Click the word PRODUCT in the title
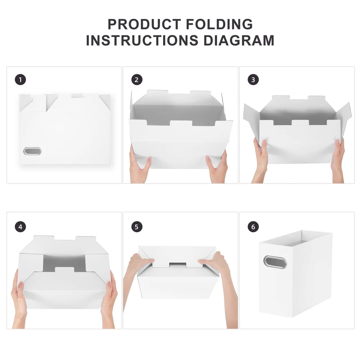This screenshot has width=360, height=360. pos(145,24)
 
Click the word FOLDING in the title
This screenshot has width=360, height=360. pos(219,24)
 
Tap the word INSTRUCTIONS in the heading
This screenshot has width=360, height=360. pos(142,40)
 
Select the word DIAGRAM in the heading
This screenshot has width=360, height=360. pos(239,40)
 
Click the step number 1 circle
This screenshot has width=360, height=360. pos(21,80)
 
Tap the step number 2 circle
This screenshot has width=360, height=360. pos(137,80)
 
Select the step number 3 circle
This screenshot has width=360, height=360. pos(253,80)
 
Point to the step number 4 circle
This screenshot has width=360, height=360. pos(21,227)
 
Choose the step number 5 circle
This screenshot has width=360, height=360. pos(137,227)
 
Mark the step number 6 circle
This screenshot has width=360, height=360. pos(253,227)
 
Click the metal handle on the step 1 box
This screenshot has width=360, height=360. pos(32,151)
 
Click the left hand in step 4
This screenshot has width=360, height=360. pos(19,298)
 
